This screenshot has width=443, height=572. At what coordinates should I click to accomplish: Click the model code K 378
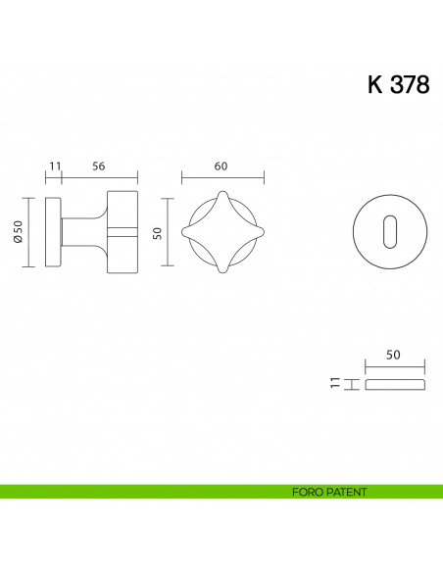[398, 85]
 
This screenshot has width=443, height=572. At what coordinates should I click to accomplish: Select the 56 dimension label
[99, 167]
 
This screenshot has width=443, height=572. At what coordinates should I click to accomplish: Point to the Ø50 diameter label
[19, 231]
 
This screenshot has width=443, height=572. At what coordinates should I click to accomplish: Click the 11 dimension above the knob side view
[54, 167]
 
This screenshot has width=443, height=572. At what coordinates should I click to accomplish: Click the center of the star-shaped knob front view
[223, 232]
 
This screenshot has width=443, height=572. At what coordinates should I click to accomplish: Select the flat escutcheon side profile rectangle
[395, 383]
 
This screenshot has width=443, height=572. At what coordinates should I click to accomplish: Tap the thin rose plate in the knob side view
[54, 232]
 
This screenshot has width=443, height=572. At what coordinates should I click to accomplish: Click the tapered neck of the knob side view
[82, 232]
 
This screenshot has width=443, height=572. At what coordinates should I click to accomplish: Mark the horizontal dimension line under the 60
[222, 179]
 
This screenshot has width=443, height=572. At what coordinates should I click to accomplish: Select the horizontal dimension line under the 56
[100, 179]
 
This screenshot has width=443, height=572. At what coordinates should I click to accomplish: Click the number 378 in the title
[411, 85]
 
